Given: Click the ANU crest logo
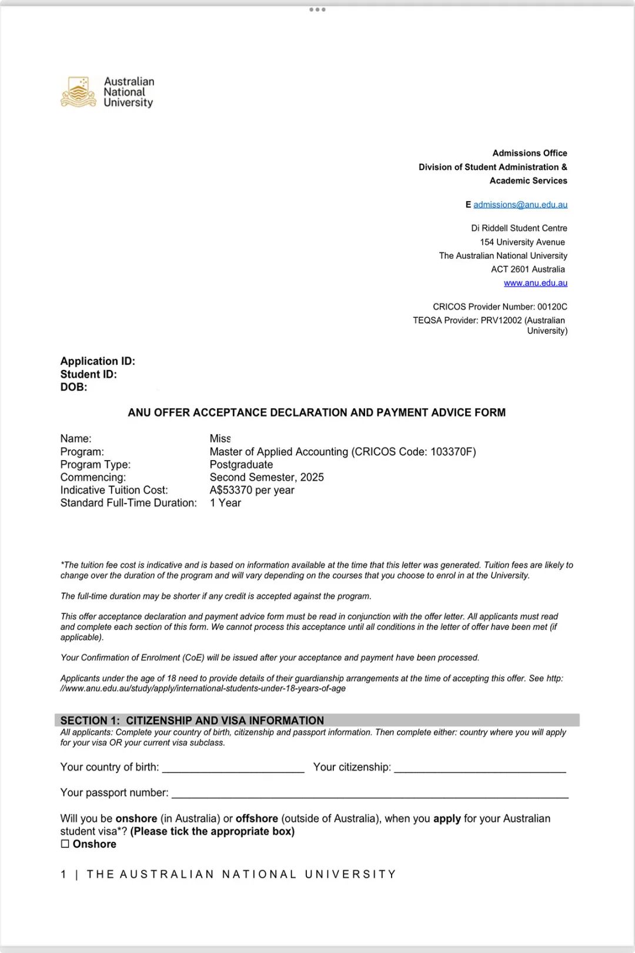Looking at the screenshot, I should point(78,92).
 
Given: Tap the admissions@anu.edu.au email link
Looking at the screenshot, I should point(520,205).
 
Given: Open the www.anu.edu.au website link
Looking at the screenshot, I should point(535,283).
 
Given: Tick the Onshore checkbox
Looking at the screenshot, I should point(65,844).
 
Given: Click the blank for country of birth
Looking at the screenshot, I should point(233,767).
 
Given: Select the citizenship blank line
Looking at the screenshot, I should point(480,767).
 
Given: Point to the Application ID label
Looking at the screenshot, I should point(98,361).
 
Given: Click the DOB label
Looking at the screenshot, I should point(73,387).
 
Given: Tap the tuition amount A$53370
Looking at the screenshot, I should point(231,490).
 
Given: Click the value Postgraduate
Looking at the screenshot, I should point(241,465).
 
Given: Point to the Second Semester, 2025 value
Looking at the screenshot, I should point(266,477).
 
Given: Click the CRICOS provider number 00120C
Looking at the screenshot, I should point(552,306).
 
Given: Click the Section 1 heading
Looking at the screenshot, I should point(192,721).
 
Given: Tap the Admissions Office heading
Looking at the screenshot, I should point(530,153).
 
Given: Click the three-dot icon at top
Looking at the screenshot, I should point(317,9).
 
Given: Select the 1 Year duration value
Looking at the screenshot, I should point(226,503).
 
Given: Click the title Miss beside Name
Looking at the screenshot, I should point(220,439).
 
